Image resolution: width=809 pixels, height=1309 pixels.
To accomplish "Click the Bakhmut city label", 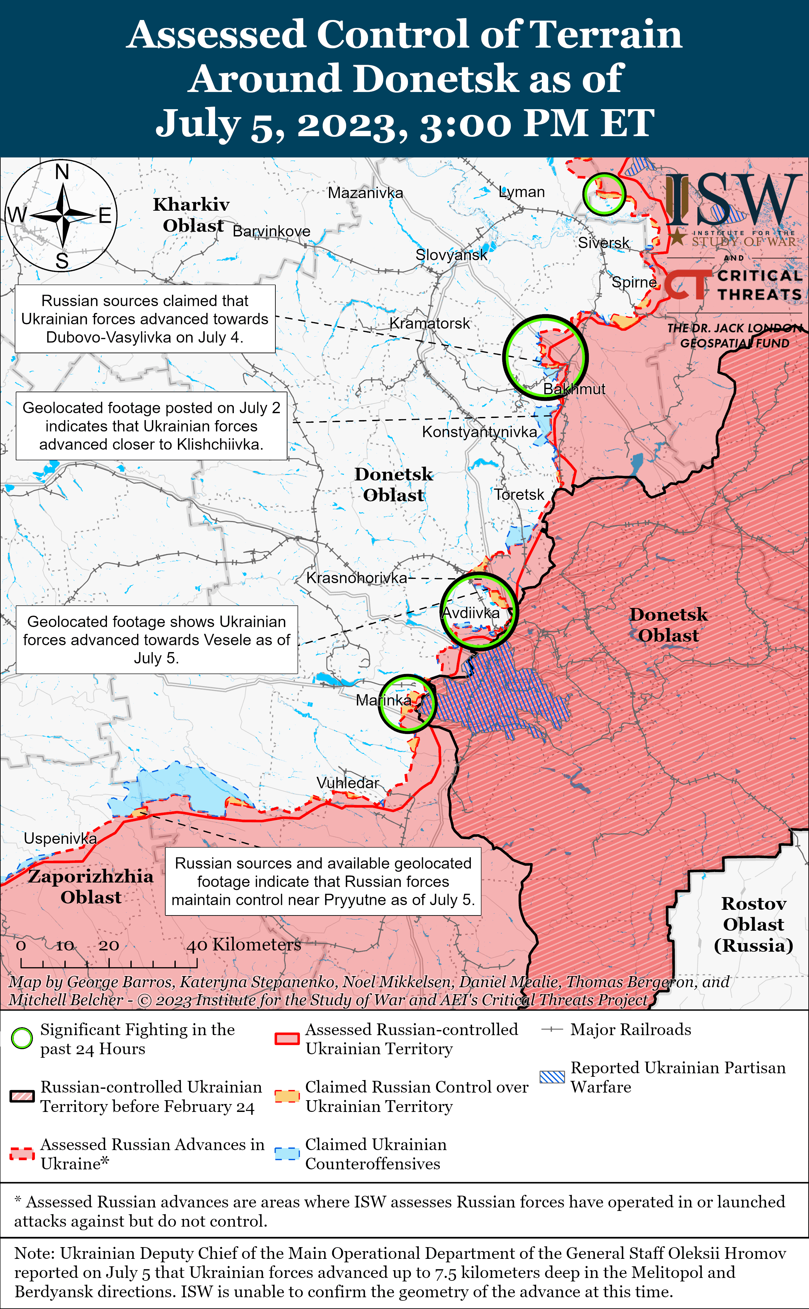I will pos(574,389).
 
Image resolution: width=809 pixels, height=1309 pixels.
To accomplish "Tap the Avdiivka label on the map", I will pos(471,613).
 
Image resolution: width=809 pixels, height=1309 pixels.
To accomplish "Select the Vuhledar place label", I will pos(347,783).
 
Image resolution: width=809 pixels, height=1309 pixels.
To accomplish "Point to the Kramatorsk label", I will pos(429,323).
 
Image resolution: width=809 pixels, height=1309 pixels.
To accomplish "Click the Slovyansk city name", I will pos(451,255).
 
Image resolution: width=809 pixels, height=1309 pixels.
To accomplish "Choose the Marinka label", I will pos(384,700).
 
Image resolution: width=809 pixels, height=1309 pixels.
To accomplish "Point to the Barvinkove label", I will pos(271,231).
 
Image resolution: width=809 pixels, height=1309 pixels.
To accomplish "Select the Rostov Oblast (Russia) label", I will pos(753,924).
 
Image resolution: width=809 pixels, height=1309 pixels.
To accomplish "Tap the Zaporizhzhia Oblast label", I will pos(90,886).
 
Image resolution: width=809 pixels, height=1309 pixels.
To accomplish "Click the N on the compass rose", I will pos(62,172).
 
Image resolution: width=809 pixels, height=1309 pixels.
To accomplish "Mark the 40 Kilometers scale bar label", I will pos(243,945).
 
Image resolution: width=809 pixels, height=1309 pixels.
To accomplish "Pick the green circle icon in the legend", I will pos(22,1039).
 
